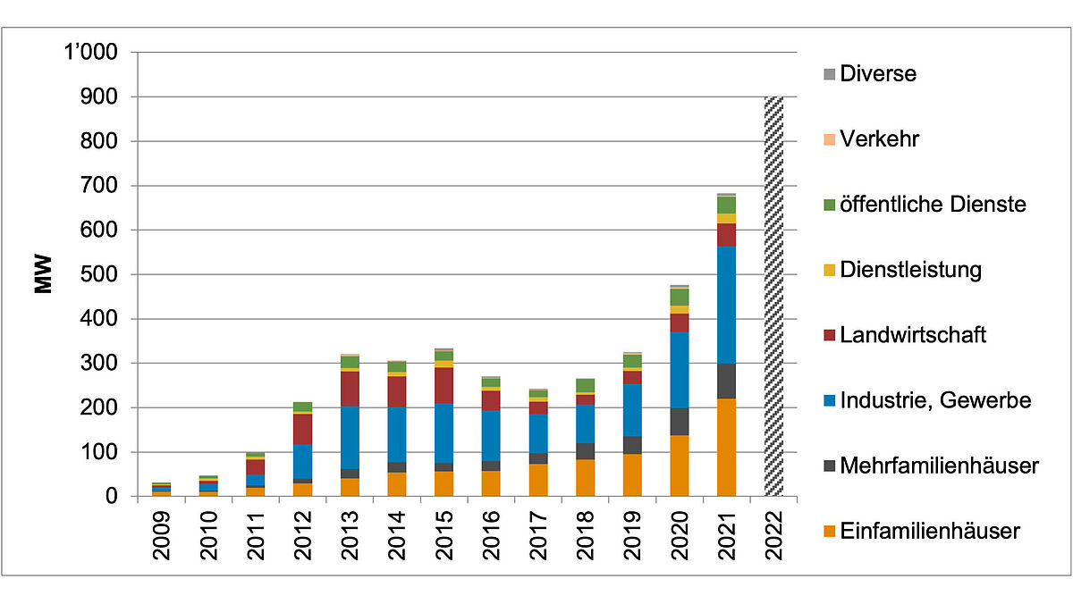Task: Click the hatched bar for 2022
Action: pos(773,295)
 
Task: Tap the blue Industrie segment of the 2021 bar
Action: pos(726,305)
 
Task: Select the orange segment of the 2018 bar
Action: pos(585,477)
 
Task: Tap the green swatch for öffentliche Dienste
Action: pos(828,206)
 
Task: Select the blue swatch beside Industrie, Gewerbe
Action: pos(828,401)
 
